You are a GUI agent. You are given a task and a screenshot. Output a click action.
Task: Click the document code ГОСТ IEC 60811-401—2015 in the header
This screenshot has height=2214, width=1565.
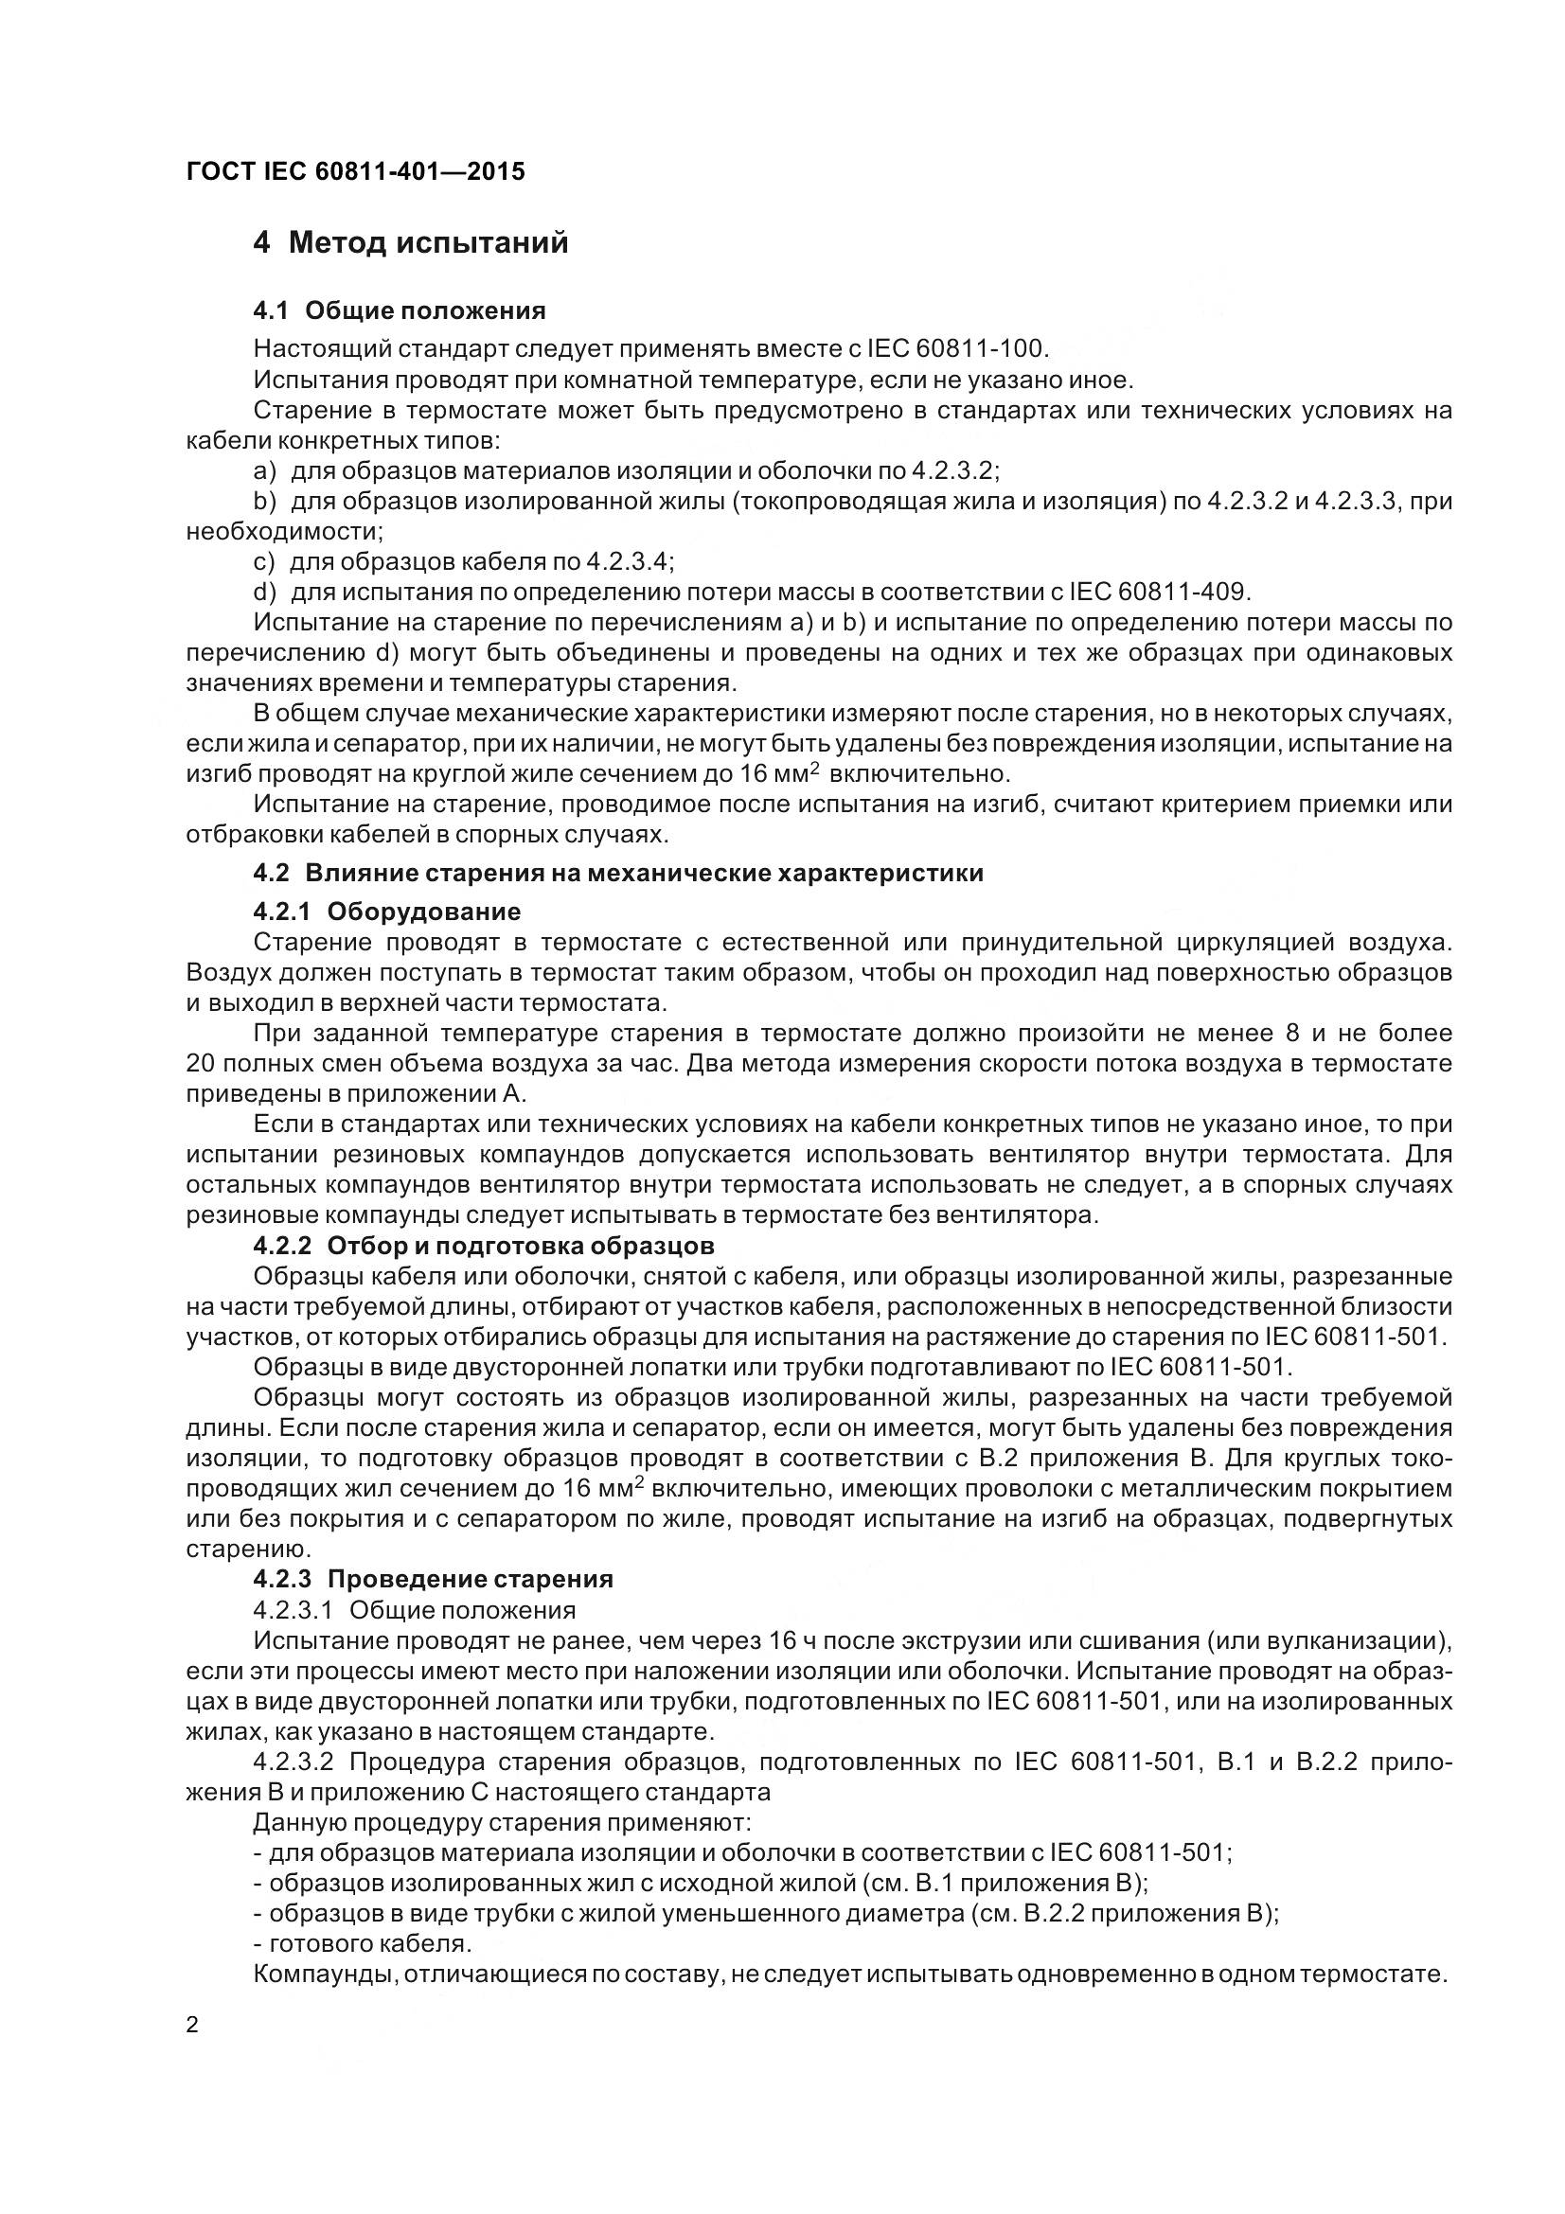tap(355, 171)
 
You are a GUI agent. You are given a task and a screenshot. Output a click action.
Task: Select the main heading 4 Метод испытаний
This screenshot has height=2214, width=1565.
tap(410, 243)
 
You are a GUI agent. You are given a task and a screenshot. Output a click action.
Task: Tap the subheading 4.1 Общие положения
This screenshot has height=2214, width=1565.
tap(400, 310)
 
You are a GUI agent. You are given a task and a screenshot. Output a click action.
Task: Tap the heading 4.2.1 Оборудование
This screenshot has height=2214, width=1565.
tap(386, 912)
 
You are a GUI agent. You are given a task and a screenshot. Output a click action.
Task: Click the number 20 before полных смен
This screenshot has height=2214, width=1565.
tap(200, 1064)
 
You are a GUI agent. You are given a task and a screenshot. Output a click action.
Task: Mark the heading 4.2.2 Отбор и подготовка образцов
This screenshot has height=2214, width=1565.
tap(484, 1245)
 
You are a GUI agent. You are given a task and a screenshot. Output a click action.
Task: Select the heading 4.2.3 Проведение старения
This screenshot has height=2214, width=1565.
tap(433, 1579)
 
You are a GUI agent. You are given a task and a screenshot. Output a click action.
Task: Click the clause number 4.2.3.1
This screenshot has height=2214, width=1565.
tap(293, 1609)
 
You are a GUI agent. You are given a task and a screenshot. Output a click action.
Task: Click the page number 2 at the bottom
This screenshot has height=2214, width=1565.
tap(192, 2025)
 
